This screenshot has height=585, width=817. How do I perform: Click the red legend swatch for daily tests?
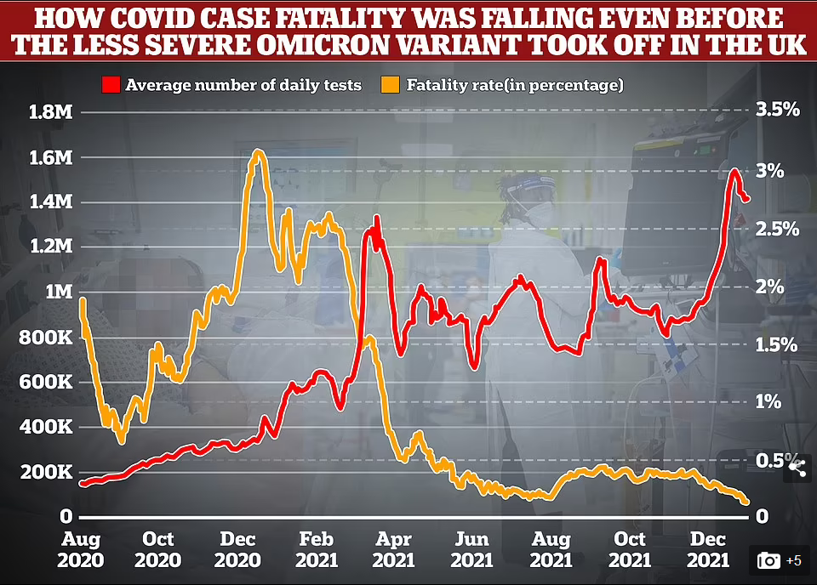coord(111,84)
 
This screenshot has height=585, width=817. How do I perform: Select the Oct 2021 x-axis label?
coord(630,549)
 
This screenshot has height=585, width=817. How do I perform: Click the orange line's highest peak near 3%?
coord(258,153)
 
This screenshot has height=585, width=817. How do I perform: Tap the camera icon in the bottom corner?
coord(768,559)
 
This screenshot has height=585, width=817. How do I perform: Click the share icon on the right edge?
coord(797,465)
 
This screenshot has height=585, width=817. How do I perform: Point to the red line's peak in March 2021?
coord(375,219)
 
